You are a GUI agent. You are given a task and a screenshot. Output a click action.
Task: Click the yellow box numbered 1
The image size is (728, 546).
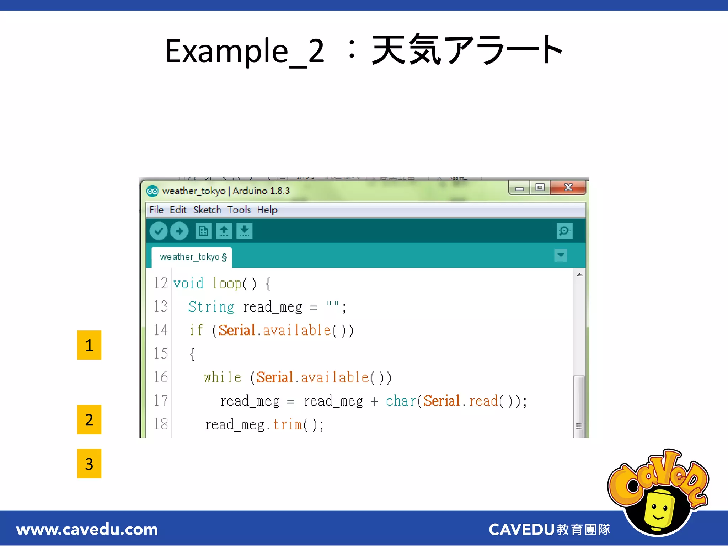click(x=89, y=345)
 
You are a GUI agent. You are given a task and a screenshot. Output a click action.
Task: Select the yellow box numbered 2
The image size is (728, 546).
click(x=89, y=419)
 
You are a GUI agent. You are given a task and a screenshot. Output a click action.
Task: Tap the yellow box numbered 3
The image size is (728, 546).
click(x=89, y=464)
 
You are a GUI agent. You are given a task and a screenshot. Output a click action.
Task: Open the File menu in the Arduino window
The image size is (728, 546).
click(x=156, y=210)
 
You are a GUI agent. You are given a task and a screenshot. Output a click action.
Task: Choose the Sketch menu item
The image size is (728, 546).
click(x=207, y=210)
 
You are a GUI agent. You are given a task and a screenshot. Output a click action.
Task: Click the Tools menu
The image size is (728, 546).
click(x=239, y=210)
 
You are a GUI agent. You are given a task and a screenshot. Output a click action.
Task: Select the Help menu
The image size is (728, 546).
click(x=267, y=210)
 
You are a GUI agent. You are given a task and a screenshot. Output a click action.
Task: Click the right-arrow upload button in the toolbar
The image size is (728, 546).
click(x=179, y=231)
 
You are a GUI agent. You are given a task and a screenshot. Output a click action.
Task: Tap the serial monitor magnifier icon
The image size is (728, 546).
click(x=564, y=231)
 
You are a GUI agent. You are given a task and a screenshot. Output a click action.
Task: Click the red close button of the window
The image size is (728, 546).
click(x=568, y=187)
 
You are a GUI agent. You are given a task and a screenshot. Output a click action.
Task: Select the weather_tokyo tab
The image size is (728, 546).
click(x=192, y=257)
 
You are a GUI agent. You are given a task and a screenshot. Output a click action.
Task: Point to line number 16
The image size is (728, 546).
click(x=161, y=377)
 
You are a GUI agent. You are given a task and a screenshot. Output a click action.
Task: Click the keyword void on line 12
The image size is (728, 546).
click(x=188, y=283)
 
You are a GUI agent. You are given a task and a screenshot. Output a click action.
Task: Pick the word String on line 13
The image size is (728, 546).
click(x=211, y=307)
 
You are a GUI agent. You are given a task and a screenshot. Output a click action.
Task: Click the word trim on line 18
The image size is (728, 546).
click(x=288, y=424)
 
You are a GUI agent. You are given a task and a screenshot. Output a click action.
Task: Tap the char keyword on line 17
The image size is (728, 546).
click(x=401, y=401)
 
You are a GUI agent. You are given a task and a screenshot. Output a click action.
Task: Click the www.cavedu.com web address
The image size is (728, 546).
click(x=87, y=530)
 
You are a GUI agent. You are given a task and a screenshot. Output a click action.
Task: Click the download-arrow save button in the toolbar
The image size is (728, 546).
click(x=245, y=231)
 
